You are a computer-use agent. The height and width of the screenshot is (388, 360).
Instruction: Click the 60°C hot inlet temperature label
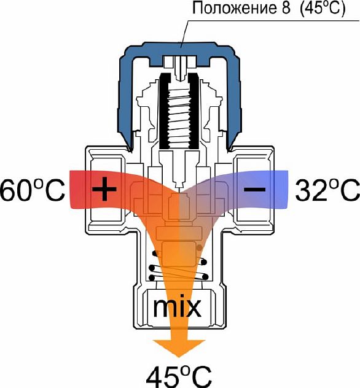pos(32,190)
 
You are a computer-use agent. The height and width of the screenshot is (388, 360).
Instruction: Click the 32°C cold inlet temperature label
pos(327,190)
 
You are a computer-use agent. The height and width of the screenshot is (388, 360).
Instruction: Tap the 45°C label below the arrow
pos(179,376)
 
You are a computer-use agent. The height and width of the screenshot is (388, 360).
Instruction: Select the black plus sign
pos(104,189)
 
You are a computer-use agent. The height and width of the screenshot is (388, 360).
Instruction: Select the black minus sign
pos(255,190)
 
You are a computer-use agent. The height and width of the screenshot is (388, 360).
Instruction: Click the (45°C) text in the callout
pos(323,9)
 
